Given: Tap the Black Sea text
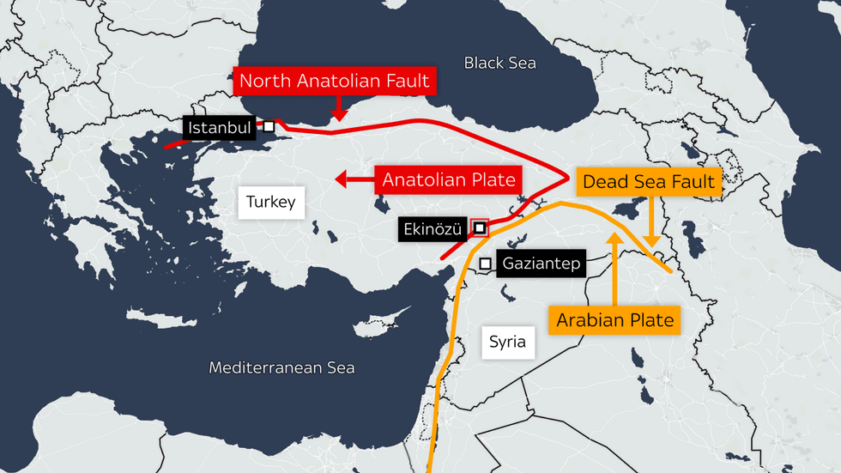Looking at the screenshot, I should tap(499, 63).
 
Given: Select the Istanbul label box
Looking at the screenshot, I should tap(220, 129).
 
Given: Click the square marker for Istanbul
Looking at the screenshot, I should tap(269, 126).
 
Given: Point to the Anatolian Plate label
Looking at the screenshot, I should tap(449, 180).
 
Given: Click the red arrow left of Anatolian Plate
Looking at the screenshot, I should tap(352, 180).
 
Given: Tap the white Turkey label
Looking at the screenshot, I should tap(270, 203).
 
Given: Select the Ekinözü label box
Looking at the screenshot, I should tap(433, 229).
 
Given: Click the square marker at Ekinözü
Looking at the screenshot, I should tap(480, 228).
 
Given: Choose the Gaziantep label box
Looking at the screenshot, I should tap(541, 264).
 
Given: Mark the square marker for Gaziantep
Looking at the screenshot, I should tap(486, 264).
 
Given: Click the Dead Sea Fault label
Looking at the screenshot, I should tap(648, 182).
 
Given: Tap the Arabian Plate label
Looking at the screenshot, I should tap(614, 320).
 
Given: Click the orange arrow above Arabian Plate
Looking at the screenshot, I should tap(614, 266).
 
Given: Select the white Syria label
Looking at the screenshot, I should tap(507, 342).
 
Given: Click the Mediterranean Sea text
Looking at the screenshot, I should tap(281, 368).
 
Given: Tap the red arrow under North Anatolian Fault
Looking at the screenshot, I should tap(337, 109).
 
